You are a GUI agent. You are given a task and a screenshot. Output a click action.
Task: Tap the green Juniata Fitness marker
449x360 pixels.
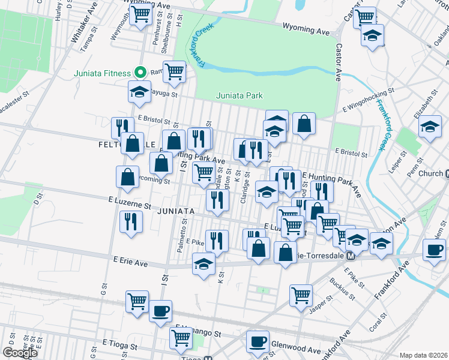coord(140,73)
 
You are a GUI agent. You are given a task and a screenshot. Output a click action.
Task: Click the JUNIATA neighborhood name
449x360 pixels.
coord(176,211)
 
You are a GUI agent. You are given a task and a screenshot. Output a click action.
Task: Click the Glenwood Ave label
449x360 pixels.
coord(297,348)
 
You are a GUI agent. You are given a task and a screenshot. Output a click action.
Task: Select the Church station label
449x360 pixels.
coord(430,173)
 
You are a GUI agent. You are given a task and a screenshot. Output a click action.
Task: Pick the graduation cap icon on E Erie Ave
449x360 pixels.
coord(203,263)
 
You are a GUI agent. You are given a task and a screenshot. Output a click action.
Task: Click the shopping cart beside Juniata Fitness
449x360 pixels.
coord(174,71)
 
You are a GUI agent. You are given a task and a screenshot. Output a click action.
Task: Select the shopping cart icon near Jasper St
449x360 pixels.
coord(301,295)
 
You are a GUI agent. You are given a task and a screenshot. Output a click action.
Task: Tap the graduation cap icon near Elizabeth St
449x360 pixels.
coord(430,127)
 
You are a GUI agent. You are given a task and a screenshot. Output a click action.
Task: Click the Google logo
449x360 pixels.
coord(20,353)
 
